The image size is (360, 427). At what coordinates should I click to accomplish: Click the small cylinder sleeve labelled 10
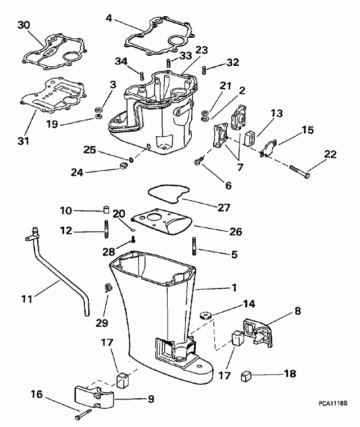pyautogui.click(x=105, y=212)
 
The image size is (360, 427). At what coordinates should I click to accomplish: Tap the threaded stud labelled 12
pyautogui.click(x=105, y=230)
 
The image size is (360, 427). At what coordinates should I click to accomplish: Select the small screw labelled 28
pyautogui.click(x=133, y=240)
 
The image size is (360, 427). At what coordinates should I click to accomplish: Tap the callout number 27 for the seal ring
pyautogui.click(x=224, y=208)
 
